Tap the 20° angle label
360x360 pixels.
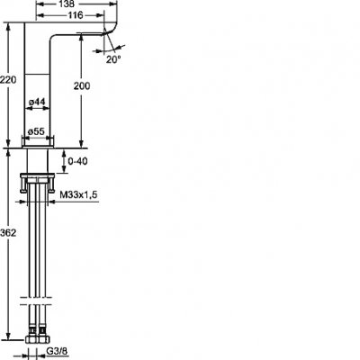pyautogui.click(x=112, y=60)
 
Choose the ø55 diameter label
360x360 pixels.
pyautogui.click(x=36, y=130)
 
